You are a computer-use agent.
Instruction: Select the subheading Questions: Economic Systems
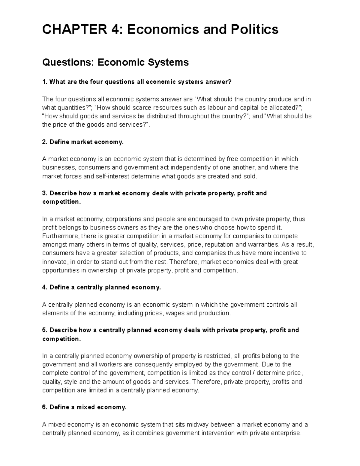[115, 62]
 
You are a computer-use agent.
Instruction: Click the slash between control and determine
[253, 373]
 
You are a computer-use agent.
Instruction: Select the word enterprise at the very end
[285, 433]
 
